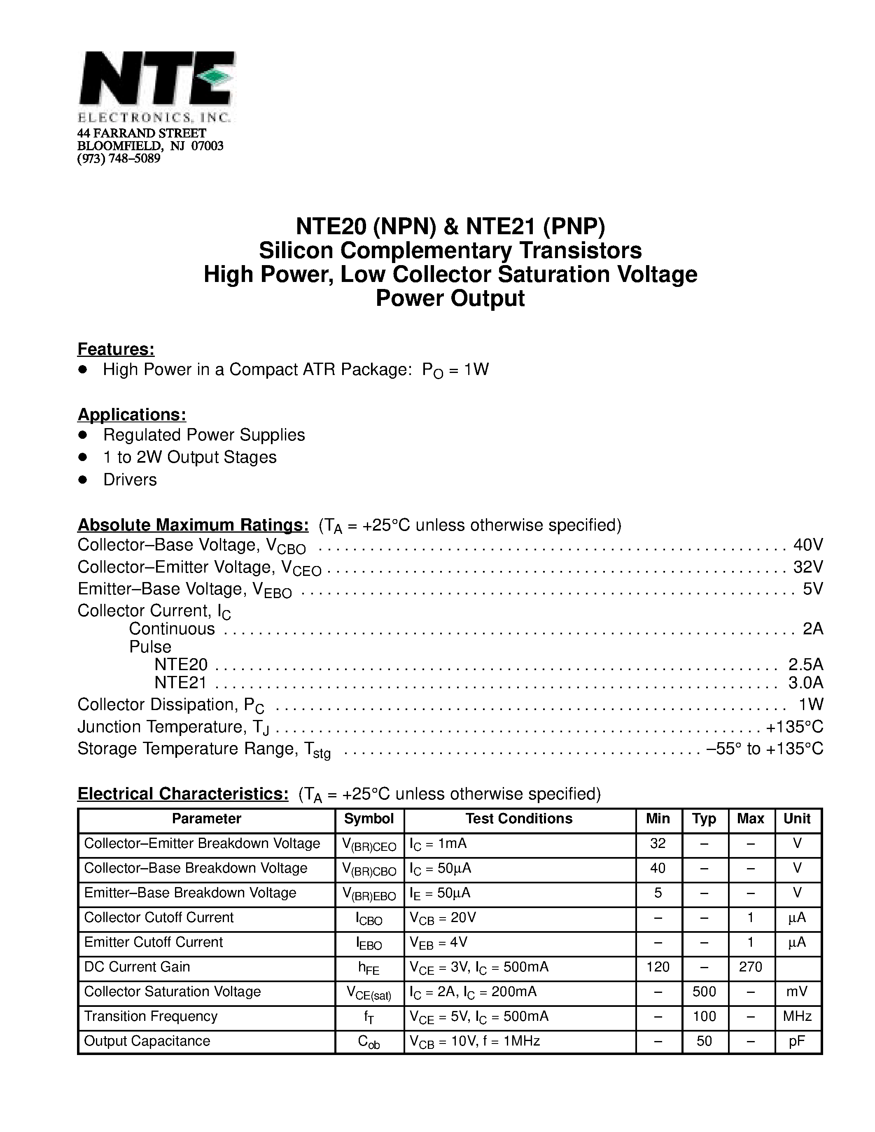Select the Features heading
[x=116, y=349]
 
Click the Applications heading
[x=132, y=415]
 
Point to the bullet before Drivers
[x=82, y=480]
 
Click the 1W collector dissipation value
[x=811, y=704]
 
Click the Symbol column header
[x=369, y=818]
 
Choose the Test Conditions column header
[x=518, y=818]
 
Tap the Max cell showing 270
[x=750, y=967]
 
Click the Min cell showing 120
[x=658, y=967]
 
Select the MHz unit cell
[x=797, y=1016]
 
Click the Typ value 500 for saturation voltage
[x=704, y=992]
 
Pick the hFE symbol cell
[x=369, y=968]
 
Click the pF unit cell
[x=797, y=1041]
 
